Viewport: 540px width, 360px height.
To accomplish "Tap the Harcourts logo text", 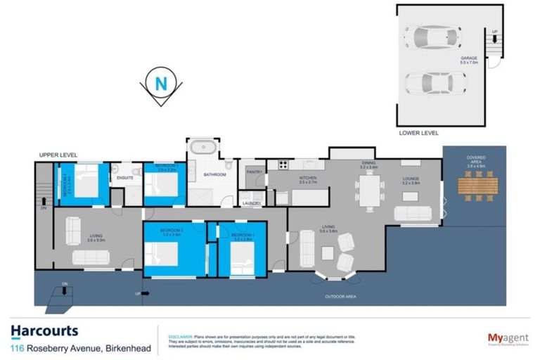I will [x=44, y=330].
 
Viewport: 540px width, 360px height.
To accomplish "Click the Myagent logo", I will [x=508, y=338].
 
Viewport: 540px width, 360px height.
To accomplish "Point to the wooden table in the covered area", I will [x=477, y=186].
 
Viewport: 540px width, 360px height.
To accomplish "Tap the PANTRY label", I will [x=254, y=172].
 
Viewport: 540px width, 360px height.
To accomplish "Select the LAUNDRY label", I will [x=252, y=203].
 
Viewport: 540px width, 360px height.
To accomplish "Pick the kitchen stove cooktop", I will [x=283, y=165].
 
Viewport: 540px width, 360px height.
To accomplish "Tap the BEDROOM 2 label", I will [x=172, y=230].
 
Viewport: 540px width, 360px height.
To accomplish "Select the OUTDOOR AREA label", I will [x=340, y=297].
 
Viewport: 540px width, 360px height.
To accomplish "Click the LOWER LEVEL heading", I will [x=418, y=132].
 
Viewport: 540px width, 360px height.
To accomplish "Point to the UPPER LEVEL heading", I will [x=58, y=155].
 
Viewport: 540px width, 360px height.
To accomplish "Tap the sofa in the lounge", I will [x=413, y=214].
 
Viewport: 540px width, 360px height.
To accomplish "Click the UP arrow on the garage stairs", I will [x=495, y=33].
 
